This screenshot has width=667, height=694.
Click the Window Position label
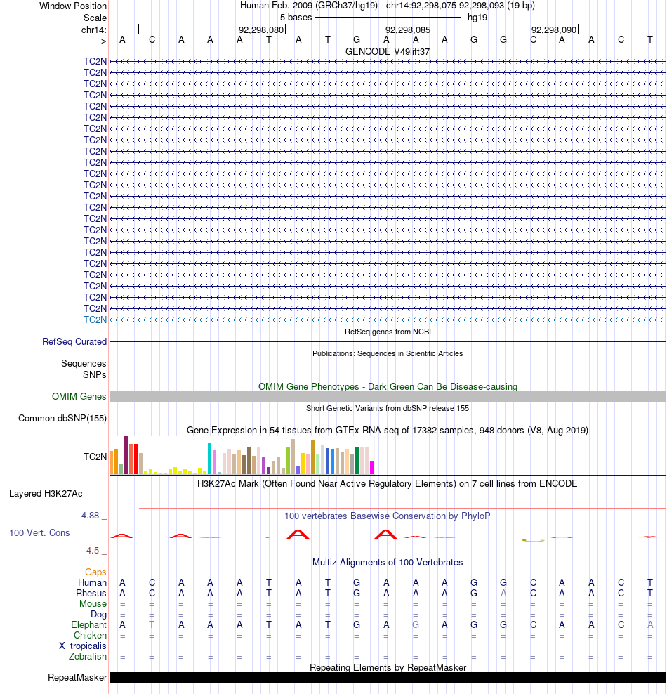coord(73,6)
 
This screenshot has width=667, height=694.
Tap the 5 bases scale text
coord(296,17)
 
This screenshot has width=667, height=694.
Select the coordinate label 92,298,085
coord(407,30)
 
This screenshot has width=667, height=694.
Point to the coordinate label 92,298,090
coord(553,30)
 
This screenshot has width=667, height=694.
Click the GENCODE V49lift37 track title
coord(388,52)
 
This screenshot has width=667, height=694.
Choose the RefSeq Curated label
coord(74,342)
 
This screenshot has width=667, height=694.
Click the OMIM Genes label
coord(79,397)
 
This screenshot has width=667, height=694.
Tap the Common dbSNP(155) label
coord(62,419)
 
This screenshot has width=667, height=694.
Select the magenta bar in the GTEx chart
coord(372,468)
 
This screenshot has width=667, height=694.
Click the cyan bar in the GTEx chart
coord(209,459)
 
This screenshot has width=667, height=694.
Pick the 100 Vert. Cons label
coord(39,533)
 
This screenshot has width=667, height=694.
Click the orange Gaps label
coord(95,572)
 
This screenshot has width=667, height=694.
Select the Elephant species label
coord(88,625)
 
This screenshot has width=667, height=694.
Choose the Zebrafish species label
coord(88,657)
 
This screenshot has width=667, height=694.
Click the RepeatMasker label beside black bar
coord(77,678)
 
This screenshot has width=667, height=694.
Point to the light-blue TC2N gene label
coord(95,320)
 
